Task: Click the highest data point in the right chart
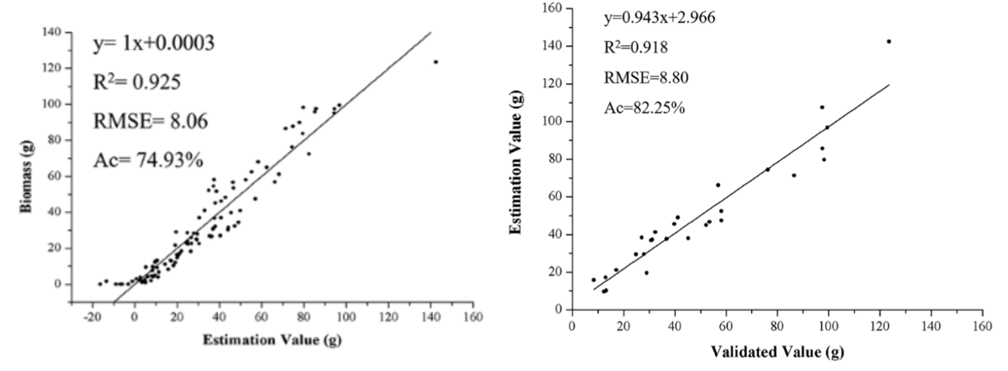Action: click(889, 41)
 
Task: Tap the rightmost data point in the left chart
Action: click(435, 62)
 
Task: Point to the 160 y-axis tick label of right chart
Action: click(550, 9)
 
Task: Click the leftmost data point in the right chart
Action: click(593, 280)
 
